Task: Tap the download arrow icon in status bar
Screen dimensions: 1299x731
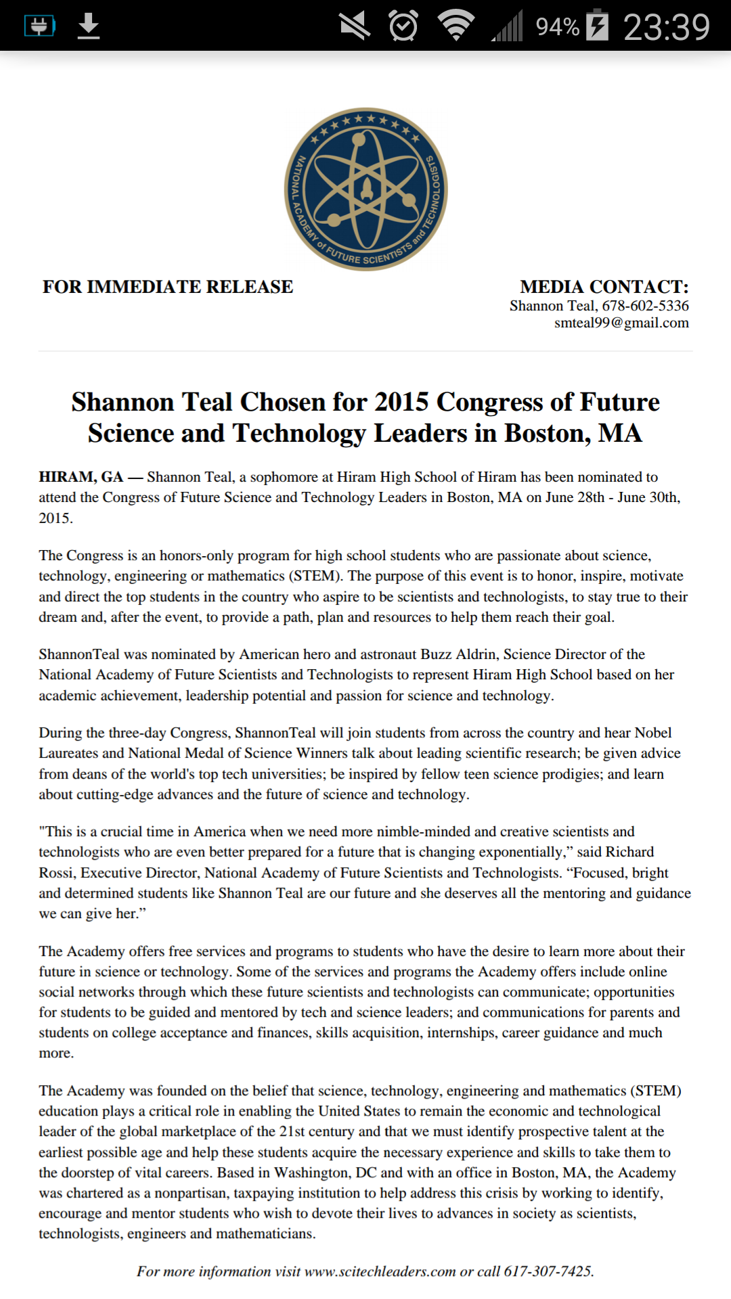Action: [x=89, y=26]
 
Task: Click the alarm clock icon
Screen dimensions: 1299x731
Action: [x=403, y=26]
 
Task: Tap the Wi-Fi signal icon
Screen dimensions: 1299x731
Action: [x=456, y=26]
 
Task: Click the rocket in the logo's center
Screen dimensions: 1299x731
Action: [x=366, y=189]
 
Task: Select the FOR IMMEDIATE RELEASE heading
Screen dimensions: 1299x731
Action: [x=168, y=287]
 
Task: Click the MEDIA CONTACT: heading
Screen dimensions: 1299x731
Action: [x=604, y=287]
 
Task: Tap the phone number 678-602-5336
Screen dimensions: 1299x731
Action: [x=645, y=306]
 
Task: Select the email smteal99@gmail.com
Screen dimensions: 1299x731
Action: [x=621, y=323]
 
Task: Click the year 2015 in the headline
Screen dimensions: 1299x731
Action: [x=402, y=402]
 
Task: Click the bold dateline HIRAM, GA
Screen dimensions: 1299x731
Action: [x=81, y=477]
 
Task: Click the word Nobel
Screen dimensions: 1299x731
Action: [x=652, y=733]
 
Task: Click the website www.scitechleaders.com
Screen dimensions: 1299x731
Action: [x=380, y=1271]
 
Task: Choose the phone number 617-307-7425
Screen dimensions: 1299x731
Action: [x=548, y=1271]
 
